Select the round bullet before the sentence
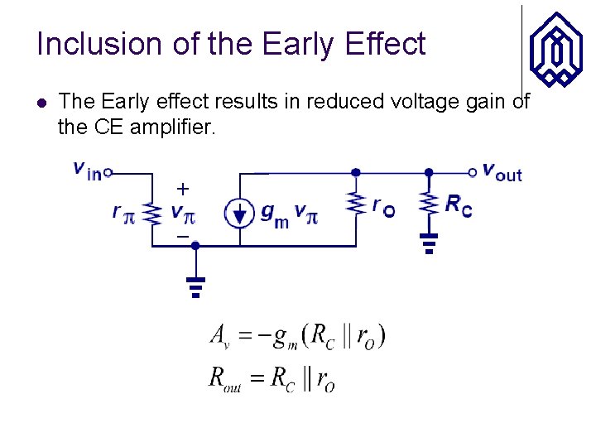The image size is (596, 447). (42, 103)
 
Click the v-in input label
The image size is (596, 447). (87, 170)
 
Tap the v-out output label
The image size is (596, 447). (502, 172)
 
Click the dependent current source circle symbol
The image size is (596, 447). (239, 213)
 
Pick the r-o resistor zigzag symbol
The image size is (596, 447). (356, 204)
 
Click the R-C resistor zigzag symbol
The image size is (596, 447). (429, 204)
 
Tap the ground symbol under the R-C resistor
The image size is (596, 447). (429, 243)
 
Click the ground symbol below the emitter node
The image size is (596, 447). (195, 286)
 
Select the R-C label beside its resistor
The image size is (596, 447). (459, 206)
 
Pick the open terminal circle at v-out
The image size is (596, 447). (473, 172)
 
